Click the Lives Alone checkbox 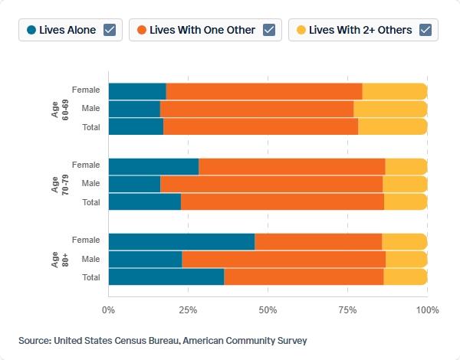point(110,30)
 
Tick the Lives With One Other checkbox point(269,30)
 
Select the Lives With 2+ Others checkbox point(426,30)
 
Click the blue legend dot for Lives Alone point(31,30)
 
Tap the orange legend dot point(142,30)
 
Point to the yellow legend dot point(301,30)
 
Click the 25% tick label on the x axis point(188,310)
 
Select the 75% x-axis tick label point(347,310)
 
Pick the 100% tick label point(428,310)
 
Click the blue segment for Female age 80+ point(182,242)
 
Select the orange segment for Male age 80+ point(284,260)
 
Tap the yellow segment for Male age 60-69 point(390,109)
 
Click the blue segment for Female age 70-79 point(153,166)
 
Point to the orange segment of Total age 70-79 point(282,201)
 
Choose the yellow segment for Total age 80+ point(405,277)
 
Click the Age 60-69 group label point(60,110)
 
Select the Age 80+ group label point(60,260)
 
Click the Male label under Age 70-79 point(90,183)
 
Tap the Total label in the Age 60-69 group point(91,127)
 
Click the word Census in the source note point(130,341)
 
